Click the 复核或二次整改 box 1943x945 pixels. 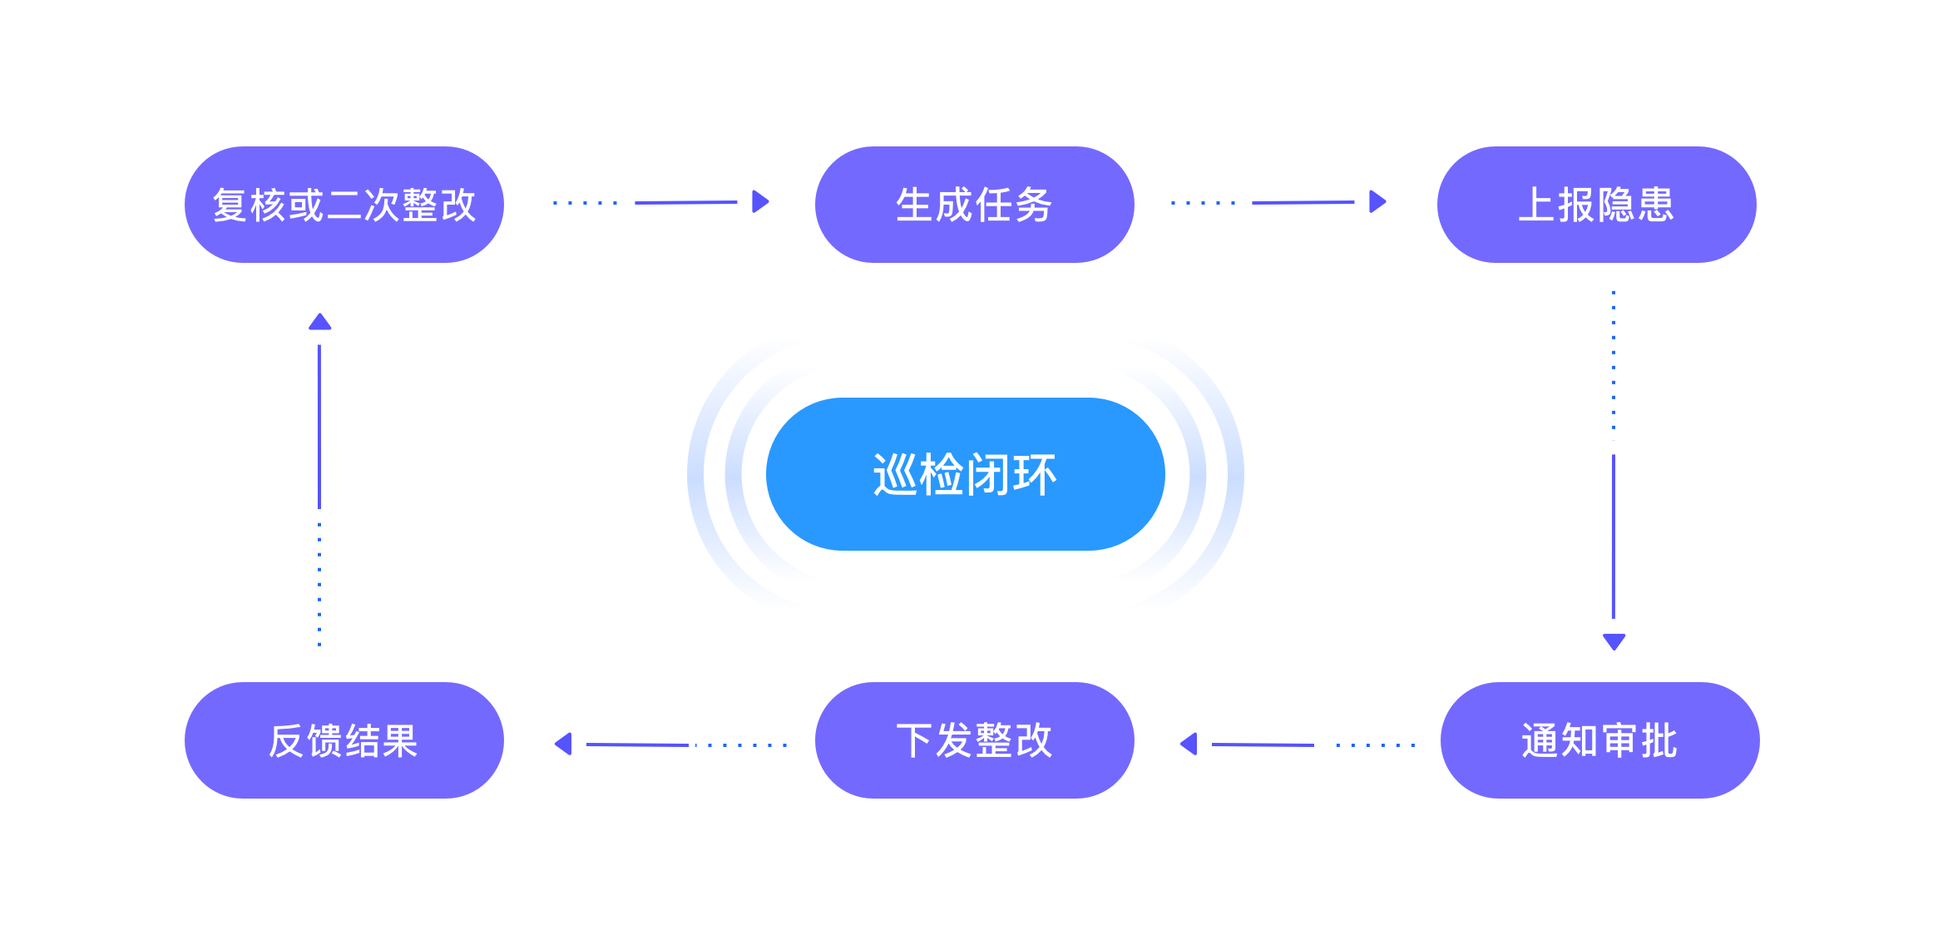coord(344,205)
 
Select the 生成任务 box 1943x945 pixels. coord(974,205)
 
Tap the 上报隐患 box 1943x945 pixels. coord(1596,205)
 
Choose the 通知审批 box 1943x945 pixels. coord(1599,740)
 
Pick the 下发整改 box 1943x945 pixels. coord(974,740)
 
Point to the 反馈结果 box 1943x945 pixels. coord(344,740)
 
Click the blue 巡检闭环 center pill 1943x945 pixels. coord(965,474)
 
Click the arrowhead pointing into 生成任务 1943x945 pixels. coord(760,201)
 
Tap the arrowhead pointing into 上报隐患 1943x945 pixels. coord(1377,201)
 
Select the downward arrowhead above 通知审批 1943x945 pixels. coord(1614,641)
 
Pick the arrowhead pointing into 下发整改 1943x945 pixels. coord(1189,744)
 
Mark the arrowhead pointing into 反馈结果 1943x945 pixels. coord(564,744)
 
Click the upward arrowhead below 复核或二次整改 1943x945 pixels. coord(319,322)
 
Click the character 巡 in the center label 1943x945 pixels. coord(895,475)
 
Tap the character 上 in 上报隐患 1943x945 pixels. coord(1537,205)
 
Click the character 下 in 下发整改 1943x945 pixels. coord(914,740)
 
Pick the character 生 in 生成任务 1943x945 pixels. coord(914,205)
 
